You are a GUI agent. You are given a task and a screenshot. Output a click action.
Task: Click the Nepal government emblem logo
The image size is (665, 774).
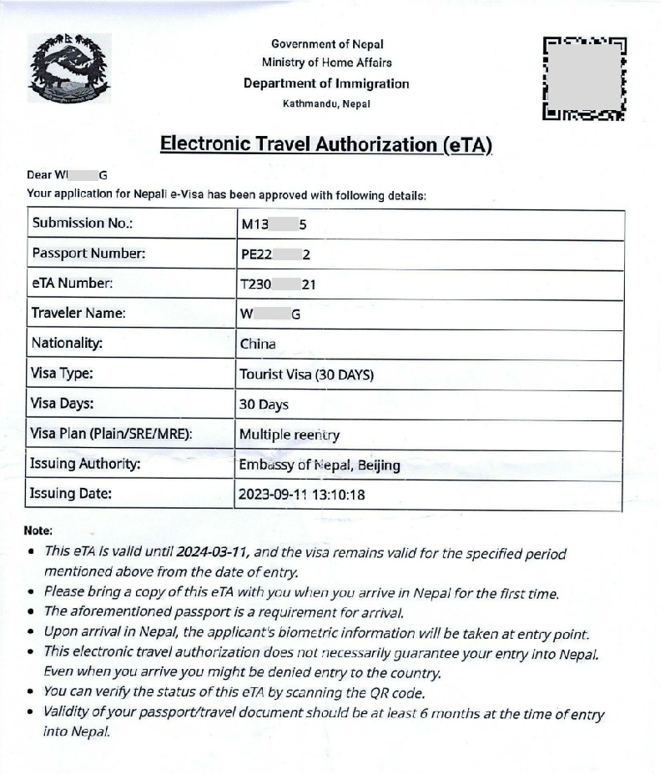(x=69, y=68)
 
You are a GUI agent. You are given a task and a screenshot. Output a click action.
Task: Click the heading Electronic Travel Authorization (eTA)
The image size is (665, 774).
(x=326, y=144)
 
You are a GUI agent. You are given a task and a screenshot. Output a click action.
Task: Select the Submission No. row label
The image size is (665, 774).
(x=83, y=224)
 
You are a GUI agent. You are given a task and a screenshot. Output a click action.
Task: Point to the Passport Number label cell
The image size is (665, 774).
(x=88, y=254)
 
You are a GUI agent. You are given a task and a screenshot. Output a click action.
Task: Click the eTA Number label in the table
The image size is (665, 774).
(x=72, y=284)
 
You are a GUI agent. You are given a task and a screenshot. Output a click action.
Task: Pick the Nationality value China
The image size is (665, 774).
(x=258, y=344)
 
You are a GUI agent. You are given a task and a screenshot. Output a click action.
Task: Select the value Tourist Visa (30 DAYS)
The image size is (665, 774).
(x=306, y=374)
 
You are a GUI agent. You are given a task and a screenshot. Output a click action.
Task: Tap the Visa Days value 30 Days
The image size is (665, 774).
(x=264, y=405)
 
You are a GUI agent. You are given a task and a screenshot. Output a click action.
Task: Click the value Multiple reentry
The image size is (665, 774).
(x=290, y=435)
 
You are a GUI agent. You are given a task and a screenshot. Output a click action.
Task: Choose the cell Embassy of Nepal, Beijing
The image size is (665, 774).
(x=320, y=465)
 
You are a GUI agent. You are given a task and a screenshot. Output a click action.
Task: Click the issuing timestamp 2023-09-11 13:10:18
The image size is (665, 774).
(x=301, y=495)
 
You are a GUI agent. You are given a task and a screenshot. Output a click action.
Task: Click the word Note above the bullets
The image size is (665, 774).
(x=38, y=530)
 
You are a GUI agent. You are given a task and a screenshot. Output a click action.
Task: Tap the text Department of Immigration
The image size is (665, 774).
(x=326, y=83)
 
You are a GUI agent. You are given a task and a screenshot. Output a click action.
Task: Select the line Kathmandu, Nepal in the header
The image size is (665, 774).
(x=326, y=104)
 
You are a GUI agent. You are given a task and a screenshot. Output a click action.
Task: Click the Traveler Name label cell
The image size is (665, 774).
(x=78, y=314)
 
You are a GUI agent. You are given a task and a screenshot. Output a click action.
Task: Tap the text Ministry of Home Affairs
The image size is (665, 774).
(x=326, y=63)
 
